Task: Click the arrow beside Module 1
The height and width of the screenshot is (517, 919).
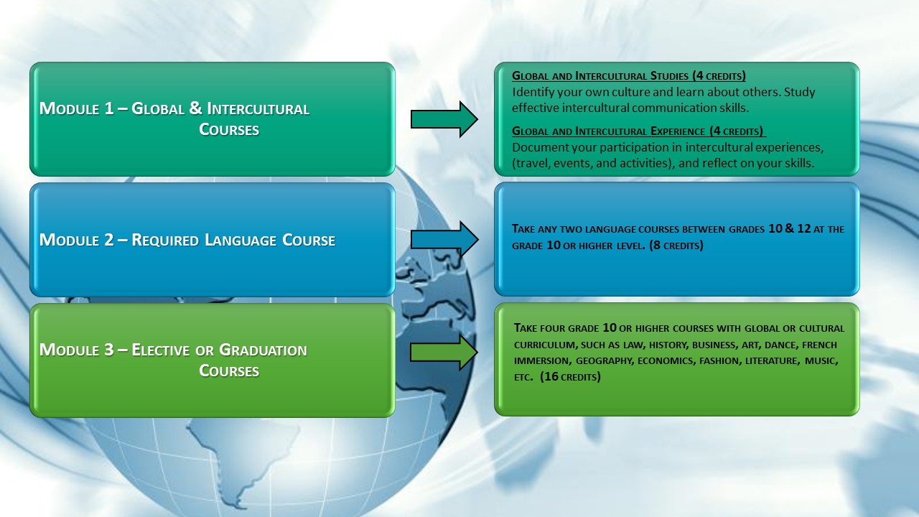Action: point(444,119)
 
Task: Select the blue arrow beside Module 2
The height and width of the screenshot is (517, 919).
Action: point(444,239)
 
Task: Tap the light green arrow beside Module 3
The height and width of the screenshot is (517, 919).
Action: point(444,353)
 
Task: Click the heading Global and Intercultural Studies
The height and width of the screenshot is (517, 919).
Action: point(628,76)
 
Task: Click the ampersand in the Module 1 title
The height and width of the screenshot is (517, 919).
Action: point(196,108)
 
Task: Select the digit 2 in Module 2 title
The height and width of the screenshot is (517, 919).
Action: point(108,240)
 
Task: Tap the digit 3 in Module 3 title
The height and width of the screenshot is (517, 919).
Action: point(108,350)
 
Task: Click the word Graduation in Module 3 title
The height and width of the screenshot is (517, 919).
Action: point(263,350)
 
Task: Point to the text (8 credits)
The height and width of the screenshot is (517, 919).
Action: point(676,246)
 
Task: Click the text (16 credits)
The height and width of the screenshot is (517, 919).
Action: point(570,377)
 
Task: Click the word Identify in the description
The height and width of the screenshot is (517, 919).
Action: point(533,93)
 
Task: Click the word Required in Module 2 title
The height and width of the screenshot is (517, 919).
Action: point(165,241)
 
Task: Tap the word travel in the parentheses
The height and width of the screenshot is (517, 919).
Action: point(531,163)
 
